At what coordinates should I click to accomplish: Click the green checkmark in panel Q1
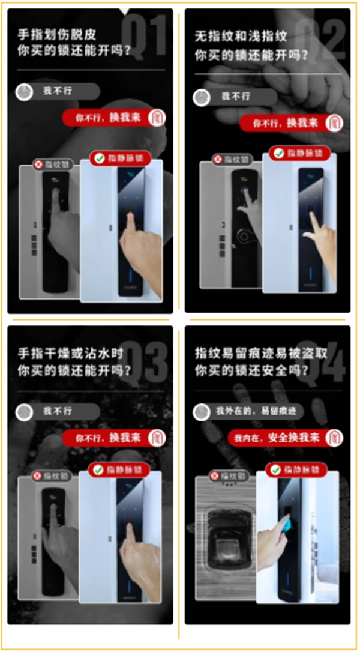pos(98,159)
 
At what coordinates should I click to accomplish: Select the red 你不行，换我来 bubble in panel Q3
pos(107,438)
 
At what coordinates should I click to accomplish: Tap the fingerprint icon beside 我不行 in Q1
pos(25,92)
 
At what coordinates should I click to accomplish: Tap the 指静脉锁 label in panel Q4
pos(301,470)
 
